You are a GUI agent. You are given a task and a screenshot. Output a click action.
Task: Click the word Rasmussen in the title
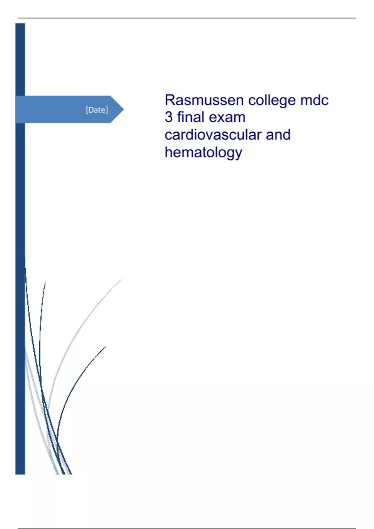[204, 100]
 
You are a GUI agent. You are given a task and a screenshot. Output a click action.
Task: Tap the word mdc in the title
[314, 100]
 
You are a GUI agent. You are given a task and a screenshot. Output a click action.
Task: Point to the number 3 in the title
[168, 117]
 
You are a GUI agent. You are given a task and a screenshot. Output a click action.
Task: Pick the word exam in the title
[227, 118]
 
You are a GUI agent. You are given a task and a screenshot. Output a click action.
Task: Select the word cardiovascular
[213, 135]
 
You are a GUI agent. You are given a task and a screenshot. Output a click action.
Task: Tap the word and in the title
[278, 135]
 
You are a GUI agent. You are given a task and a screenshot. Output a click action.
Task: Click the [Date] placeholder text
[97, 110]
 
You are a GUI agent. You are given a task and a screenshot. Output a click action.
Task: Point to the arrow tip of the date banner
[124, 109]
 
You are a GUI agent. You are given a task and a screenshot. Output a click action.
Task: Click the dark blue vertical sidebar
[20, 249]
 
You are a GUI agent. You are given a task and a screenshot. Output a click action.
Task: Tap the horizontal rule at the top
[187, 18]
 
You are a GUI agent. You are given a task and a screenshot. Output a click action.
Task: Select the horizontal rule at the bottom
[187, 528]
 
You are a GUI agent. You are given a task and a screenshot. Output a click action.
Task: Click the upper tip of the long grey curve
[121, 279]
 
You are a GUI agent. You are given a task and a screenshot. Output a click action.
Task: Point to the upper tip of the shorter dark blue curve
[105, 347]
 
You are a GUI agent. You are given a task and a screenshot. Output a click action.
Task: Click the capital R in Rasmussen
[170, 100]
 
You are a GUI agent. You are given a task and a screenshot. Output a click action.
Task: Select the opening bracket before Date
[87, 110]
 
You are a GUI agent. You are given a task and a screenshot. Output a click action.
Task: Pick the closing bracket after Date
[107, 110]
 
